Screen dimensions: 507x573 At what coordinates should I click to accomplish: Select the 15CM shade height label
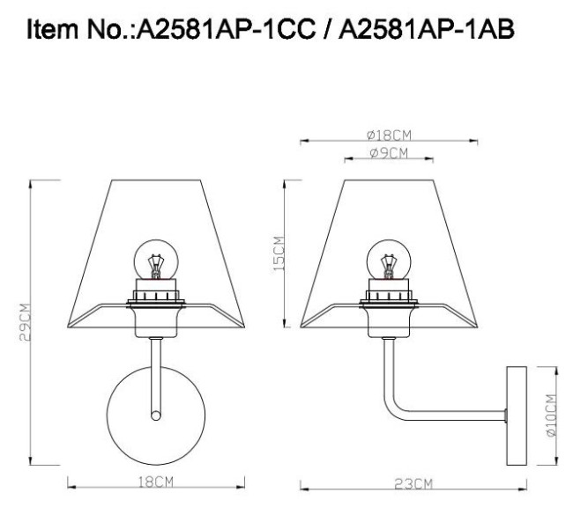279,253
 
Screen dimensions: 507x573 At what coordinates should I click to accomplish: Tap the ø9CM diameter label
388,153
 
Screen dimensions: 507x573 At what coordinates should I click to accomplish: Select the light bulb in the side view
388,261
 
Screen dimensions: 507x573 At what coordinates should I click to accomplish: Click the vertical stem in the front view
156,370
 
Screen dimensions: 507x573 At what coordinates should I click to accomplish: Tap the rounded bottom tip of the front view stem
156,414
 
